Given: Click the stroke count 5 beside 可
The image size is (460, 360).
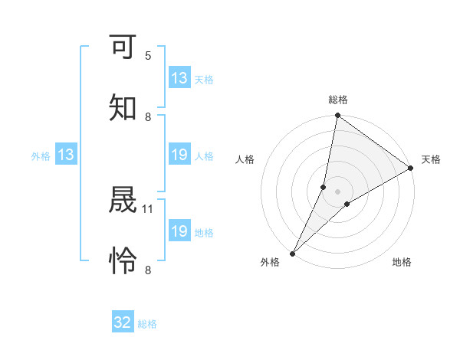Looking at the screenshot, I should pos(148,56).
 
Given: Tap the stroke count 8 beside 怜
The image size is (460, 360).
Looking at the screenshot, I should pos(148,269).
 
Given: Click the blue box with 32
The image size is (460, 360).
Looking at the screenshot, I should pos(123,322).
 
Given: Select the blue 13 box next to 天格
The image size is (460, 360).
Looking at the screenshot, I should pos(179,78).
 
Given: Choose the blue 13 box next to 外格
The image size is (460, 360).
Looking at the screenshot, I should pos(66,155).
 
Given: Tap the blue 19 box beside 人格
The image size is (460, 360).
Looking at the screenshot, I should pos(179,155).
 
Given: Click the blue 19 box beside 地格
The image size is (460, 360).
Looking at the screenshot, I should pos(179,231).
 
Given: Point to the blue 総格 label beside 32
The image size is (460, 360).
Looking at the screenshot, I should pos(147,324).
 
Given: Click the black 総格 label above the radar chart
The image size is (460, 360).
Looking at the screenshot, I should pos(338,100).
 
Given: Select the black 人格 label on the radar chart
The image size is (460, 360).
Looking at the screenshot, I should pos(245,159).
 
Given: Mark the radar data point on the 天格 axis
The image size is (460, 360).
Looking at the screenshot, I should pos(411,169).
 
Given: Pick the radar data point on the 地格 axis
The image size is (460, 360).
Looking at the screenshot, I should pos(347,204).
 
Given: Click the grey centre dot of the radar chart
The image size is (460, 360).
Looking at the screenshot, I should pos(338,191).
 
